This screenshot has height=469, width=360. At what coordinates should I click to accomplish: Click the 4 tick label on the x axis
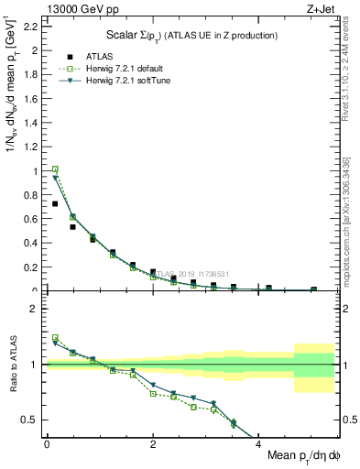click(259, 443)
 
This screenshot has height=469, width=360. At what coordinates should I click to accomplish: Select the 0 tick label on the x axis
click(47, 443)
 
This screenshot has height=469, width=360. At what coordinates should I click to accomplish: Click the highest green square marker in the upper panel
click(55, 169)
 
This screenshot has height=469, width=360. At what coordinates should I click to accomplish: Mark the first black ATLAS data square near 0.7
click(55, 203)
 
